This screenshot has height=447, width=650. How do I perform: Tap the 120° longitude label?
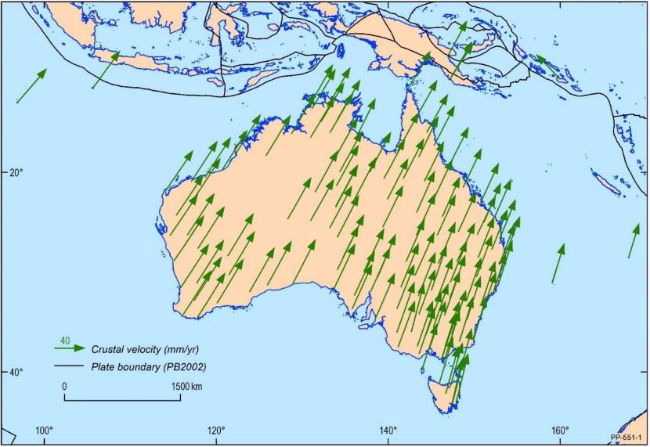point(216,430)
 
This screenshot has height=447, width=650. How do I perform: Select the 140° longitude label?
point(388,430)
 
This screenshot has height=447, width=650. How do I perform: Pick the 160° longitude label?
point(560,430)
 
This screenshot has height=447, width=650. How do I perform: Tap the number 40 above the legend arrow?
point(65,341)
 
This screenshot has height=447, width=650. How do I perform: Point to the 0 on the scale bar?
point(64,387)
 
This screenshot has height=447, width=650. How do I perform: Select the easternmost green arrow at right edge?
point(634,240)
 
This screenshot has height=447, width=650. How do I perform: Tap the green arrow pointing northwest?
point(547,66)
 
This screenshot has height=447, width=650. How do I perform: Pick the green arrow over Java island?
point(106,70)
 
